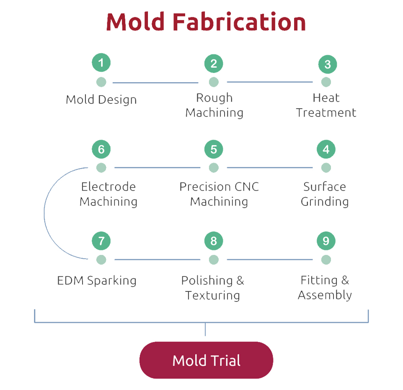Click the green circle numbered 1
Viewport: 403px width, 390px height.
(x=101, y=62)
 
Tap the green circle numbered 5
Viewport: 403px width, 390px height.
(x=214, y=149)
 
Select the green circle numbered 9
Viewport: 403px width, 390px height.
(x=326, y=241)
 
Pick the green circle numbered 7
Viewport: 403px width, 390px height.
(x=101, y=241)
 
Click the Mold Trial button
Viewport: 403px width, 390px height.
(x=206, y=360)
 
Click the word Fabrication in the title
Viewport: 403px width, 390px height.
(x=239, y=22)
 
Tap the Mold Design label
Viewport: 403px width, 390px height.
(x=101, y=100)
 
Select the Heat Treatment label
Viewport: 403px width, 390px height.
(x=326, y=105)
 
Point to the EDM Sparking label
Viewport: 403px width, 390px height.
(x=97, y=281)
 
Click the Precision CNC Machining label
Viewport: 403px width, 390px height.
(x=219, y=194)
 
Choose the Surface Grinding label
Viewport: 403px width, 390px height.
(x=325, y=194)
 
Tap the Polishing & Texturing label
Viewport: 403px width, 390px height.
(x=212, y=288)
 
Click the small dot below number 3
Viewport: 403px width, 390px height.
(x=326, y=82)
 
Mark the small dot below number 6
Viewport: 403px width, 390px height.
(x=101, y=168)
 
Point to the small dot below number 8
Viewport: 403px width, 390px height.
(x=214, y=260)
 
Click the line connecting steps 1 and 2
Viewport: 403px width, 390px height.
(x=155, y=83)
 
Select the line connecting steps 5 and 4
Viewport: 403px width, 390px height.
(x=270, y=167)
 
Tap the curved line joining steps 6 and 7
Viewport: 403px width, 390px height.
(x=44, y=213)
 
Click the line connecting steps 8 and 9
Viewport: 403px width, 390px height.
(x=270, y=260)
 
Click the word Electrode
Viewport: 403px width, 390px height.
(x=108, y=187)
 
